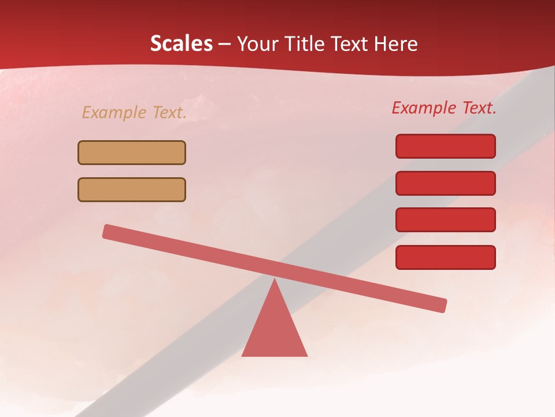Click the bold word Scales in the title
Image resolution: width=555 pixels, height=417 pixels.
click(182, 43)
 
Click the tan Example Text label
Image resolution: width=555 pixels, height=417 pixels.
click(134, 112)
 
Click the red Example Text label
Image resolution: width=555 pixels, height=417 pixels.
click(444, 108)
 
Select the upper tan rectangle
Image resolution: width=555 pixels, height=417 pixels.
click(132, 152)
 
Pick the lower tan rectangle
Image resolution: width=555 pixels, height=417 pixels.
click(132, 189)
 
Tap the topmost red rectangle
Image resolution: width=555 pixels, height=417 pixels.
click(446, 146)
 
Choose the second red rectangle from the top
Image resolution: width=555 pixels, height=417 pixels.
click(446, 183)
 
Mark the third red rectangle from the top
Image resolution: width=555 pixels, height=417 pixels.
click(446, 220)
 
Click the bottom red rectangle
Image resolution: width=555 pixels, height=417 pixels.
click(446, 257)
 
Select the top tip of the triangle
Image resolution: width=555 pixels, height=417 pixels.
click(275, 281)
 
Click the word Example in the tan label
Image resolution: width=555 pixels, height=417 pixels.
click(114, 112)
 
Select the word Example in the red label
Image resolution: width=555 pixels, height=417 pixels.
click(424, 108)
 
